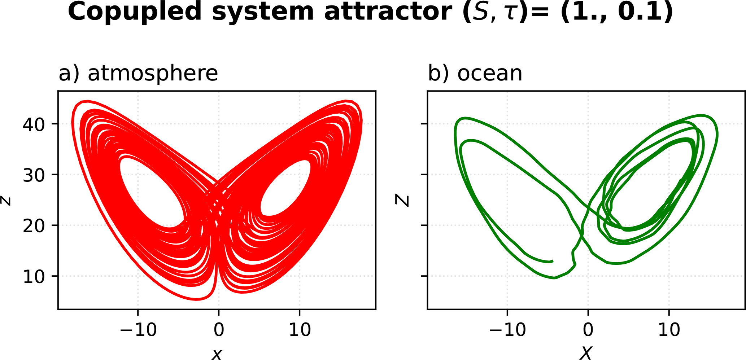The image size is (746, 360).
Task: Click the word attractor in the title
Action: pyautogui.click(x=388, y=12)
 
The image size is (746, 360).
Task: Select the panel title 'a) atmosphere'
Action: pyautogui.click(x=138, y=73)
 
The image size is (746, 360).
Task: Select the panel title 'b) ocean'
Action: pyautogui.click(x=475, y=73)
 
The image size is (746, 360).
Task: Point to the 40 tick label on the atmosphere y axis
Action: pyautogui.click(x=34, y=124)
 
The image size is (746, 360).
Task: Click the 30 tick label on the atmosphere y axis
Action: pyautogui.click(x=34, y=175)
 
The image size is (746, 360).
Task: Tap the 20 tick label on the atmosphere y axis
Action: pyautogui.click(x=34, y=226)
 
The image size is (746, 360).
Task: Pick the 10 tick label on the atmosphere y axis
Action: pyautogui.click(x=34, y=277)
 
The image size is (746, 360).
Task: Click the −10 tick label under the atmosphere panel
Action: pyautogui.click(x=138, y=330)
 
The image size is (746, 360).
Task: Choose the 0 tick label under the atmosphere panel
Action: pyautogui.click(x=218, y=330)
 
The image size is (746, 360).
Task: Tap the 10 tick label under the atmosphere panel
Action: pyautogui.click(x=300, y=330)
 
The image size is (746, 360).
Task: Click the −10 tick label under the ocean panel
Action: pyautogui.click(x=508, y=330)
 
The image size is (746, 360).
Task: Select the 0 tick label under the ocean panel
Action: pyautogui.click(x=588, y=330)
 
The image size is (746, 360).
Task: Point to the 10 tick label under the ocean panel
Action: pyautogui.click(x=669, y=330)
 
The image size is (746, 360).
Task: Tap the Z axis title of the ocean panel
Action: pyautogui.click(x=402, y=200)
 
